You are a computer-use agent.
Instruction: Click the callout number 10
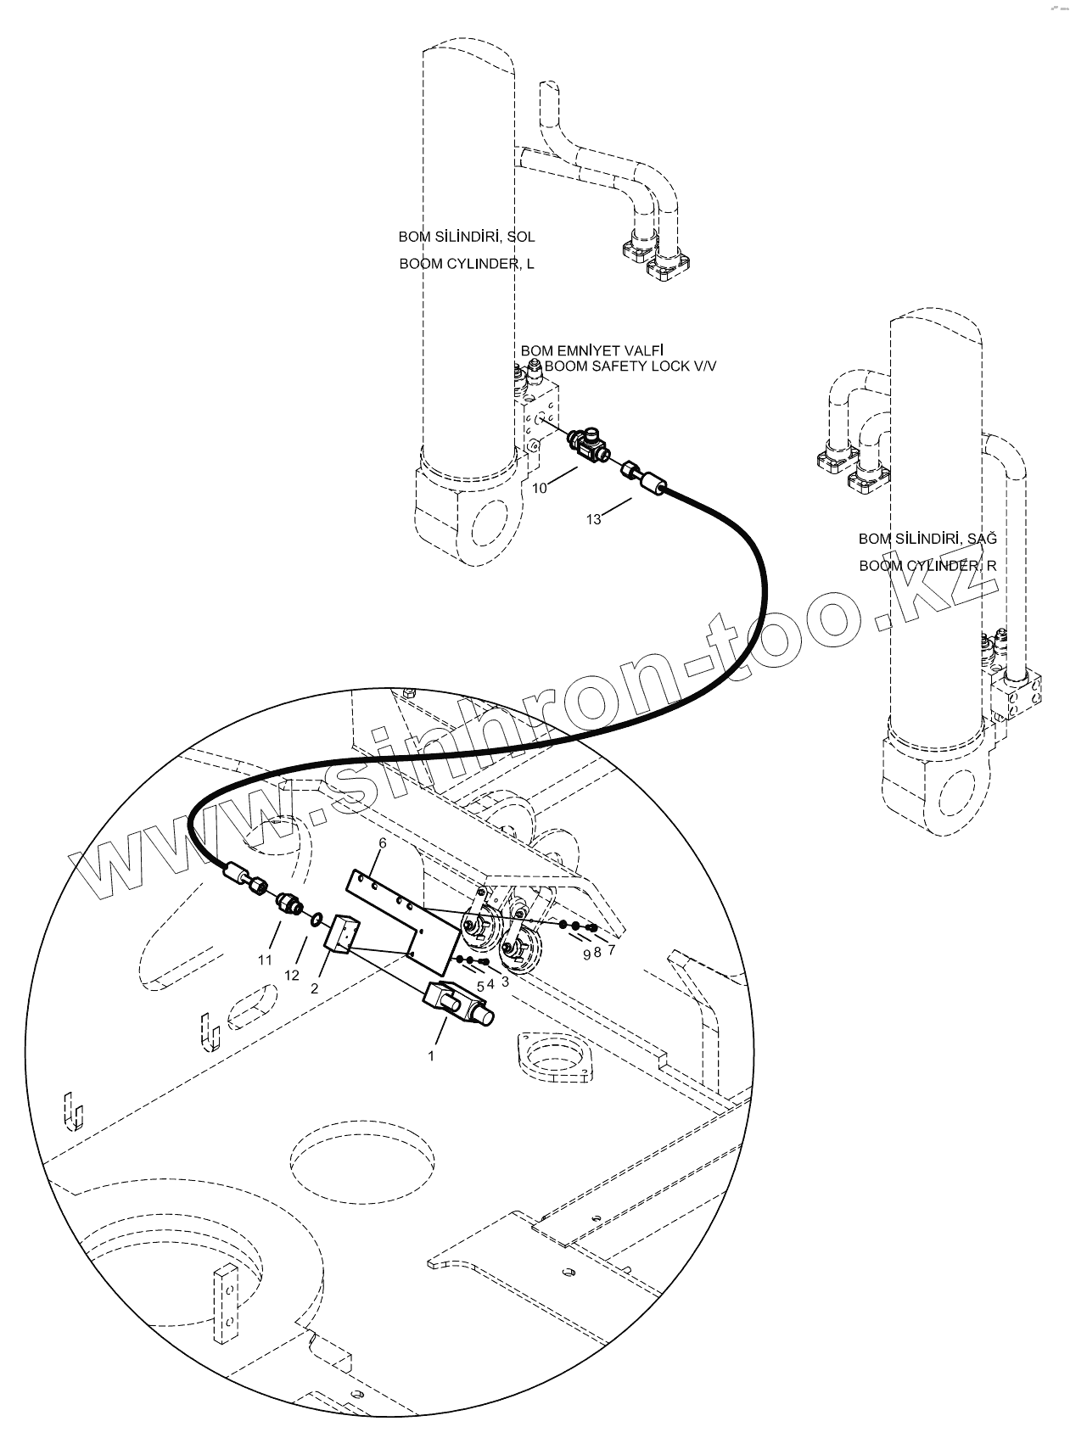click(540, 489)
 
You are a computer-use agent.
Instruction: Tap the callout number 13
click(594, 519)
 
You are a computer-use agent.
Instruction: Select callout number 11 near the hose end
click(265, 960)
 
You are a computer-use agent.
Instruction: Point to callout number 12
click(292, 976)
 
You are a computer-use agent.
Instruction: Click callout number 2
click(315, 988)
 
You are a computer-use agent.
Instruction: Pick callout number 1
click(431, 1056)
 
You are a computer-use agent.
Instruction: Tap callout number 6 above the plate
click(383, 843)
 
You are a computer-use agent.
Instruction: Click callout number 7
click(610, 951)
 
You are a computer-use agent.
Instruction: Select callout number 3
click(506, 982)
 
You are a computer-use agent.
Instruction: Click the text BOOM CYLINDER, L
click(467, 264)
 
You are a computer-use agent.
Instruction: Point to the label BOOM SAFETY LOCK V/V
click(630, 366)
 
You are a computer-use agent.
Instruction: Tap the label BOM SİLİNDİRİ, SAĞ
click(927, 539)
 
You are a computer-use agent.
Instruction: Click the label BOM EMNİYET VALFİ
click(591, 350)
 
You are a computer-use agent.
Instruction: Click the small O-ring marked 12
click(316, 918)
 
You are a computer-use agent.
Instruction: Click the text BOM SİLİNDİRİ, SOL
click(467, 237)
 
